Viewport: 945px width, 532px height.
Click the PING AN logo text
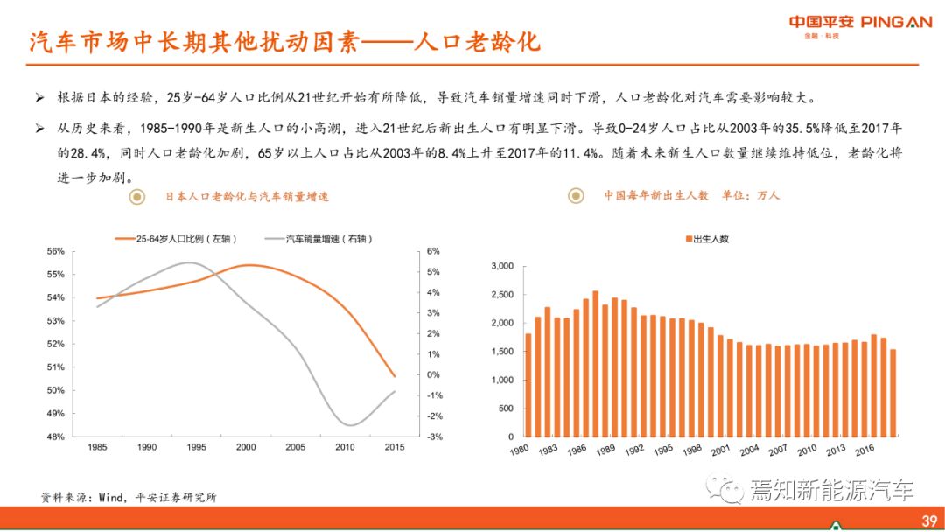pos(897,22)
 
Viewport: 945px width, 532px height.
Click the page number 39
pos(929,521)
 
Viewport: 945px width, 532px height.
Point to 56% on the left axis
pos(55,251)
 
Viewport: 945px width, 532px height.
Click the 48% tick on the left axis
pos(55,437)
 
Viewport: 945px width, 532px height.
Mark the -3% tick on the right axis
pos(409,437)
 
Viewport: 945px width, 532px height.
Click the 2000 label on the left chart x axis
pos(246,447)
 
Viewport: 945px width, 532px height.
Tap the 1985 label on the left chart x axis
pos(97,447)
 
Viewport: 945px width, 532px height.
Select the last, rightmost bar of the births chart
pos(892,393)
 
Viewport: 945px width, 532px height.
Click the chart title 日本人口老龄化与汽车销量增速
pos(248,197)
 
